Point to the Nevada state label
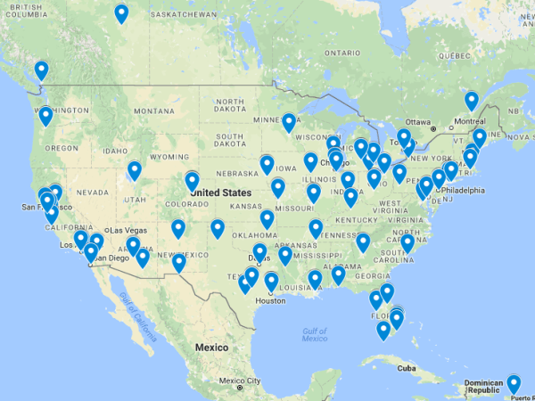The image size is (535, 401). point(92,192)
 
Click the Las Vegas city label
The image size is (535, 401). point(129,229)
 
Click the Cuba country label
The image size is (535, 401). point(407,368)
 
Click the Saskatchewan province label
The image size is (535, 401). point(183,15)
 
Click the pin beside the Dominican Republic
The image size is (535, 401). point(514,384)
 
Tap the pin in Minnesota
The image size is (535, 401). point(289,122)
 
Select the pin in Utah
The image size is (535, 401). point(135,169)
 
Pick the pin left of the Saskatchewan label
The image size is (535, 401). point(121,13)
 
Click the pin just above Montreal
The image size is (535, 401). point(472,100)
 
